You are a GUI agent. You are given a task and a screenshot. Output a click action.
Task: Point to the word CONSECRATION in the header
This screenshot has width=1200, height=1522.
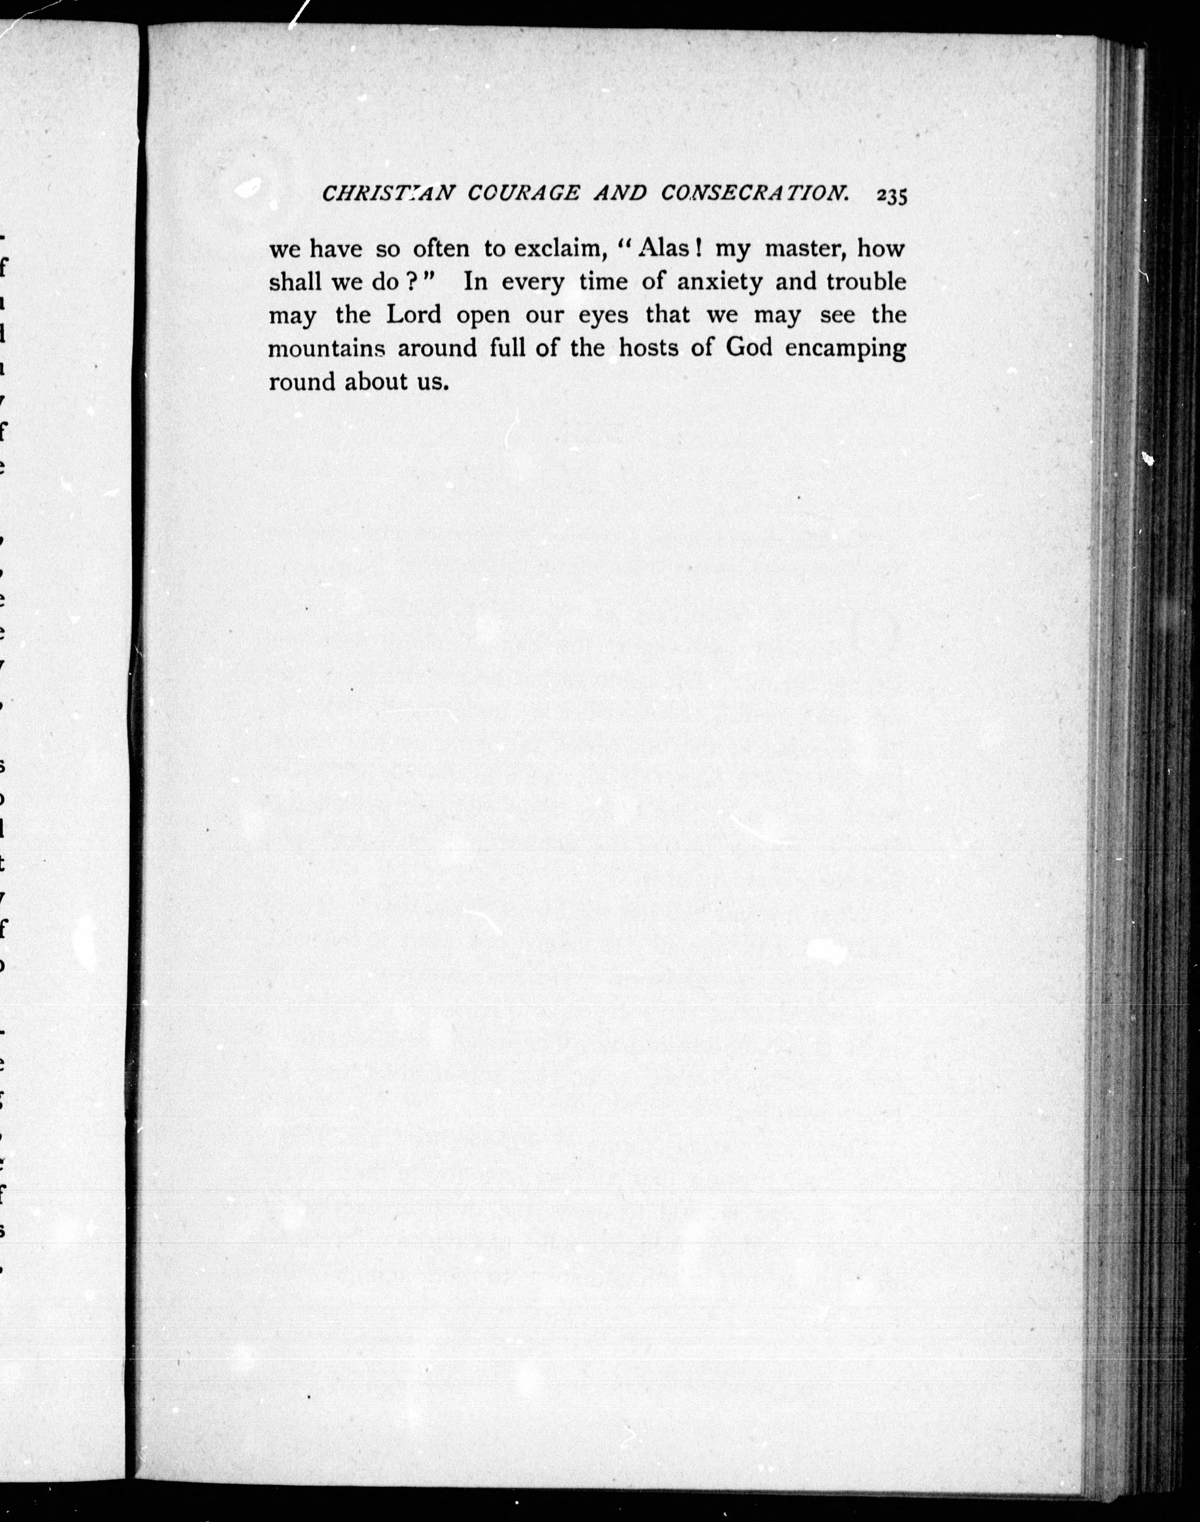(754, 194)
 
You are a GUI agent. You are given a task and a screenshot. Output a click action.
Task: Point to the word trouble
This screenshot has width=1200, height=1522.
(866, 282)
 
